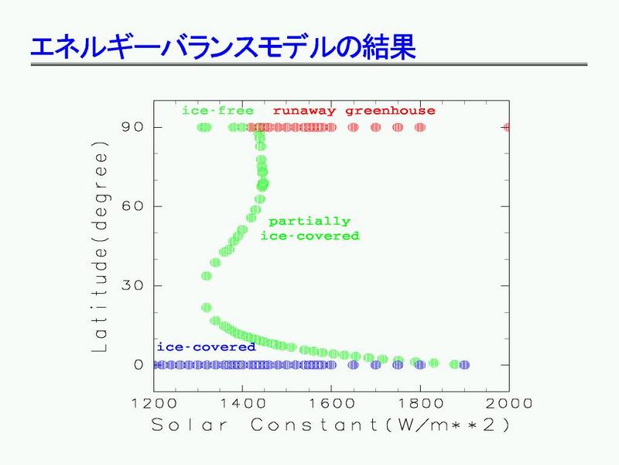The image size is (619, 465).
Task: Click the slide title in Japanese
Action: click(x=223, y=47)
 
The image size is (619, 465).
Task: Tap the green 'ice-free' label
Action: click(x=217, y=111)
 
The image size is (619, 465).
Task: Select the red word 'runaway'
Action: click(x=304, y=111)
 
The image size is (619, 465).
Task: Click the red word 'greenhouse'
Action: click(x=391, y=111)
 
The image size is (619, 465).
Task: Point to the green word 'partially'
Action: click(x=309, y=222)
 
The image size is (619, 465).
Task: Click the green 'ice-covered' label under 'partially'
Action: click(x=310, y=236)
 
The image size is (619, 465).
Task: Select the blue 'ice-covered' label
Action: click(x=207, y=346)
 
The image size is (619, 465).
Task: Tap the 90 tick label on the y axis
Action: click(x=132, y=127)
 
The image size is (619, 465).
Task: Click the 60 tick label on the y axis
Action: click(x=132, y=206)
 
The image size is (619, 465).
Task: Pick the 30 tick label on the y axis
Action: click(x=132, y=285)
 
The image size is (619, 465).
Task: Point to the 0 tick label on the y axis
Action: click(x=139, y=364)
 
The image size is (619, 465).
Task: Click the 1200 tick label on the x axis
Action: click(x=154, y=404)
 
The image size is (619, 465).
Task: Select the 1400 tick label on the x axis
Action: click(x=243, y=404)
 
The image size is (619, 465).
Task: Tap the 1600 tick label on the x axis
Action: click(x=332, y=404)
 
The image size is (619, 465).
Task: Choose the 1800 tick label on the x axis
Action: click(x=420, y=404)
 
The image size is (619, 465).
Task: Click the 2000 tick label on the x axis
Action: click(x=509, y=404)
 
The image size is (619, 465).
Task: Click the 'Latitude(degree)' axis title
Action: click(x=100, y=246)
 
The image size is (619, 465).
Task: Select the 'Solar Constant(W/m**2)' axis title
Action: click(x=330, y=425)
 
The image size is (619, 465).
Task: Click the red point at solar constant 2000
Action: click(x=507, y=127)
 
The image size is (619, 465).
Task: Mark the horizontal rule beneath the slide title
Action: click(x=309, y=64)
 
